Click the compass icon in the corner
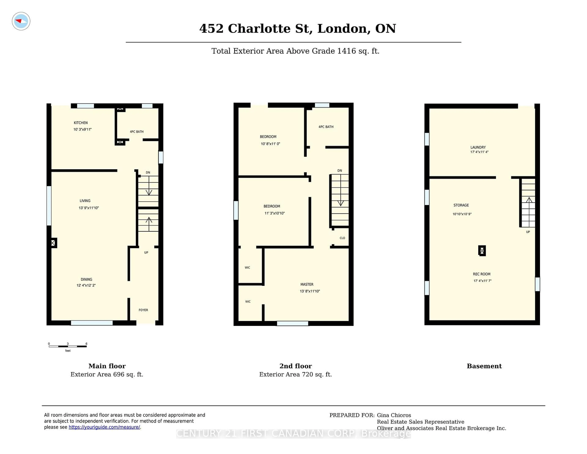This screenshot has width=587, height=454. (21, 21)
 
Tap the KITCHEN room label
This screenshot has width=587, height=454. (81, 123)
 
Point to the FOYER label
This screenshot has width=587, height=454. (143, 310)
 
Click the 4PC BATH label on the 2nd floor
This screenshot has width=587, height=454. (326, 127)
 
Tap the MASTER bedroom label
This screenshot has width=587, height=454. (307, 284)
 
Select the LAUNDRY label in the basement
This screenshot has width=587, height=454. (478, 147)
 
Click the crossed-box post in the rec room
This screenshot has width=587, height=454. (482, 251)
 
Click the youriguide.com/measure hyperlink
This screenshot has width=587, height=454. (104, 427)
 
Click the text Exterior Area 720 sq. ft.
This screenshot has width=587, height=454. (295, 374)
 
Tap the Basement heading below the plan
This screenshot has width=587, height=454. (484, 366)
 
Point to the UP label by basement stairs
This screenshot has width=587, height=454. (528, 232)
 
